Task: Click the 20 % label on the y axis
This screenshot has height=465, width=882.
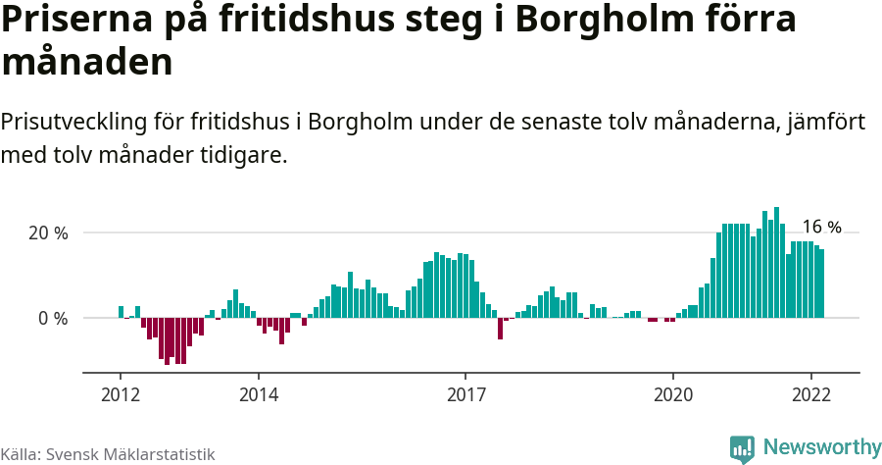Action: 47,233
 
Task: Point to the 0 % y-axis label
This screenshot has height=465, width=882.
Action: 53,319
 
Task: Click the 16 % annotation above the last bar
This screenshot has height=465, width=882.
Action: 821,227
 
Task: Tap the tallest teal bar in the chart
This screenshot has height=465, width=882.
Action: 776,262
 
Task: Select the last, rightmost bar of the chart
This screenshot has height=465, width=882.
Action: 822,284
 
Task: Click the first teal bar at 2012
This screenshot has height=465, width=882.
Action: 122,312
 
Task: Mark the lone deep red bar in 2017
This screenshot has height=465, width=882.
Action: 500,328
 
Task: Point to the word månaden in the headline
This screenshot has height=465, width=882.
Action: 87,63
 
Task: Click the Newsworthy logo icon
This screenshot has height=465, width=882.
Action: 742,448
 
